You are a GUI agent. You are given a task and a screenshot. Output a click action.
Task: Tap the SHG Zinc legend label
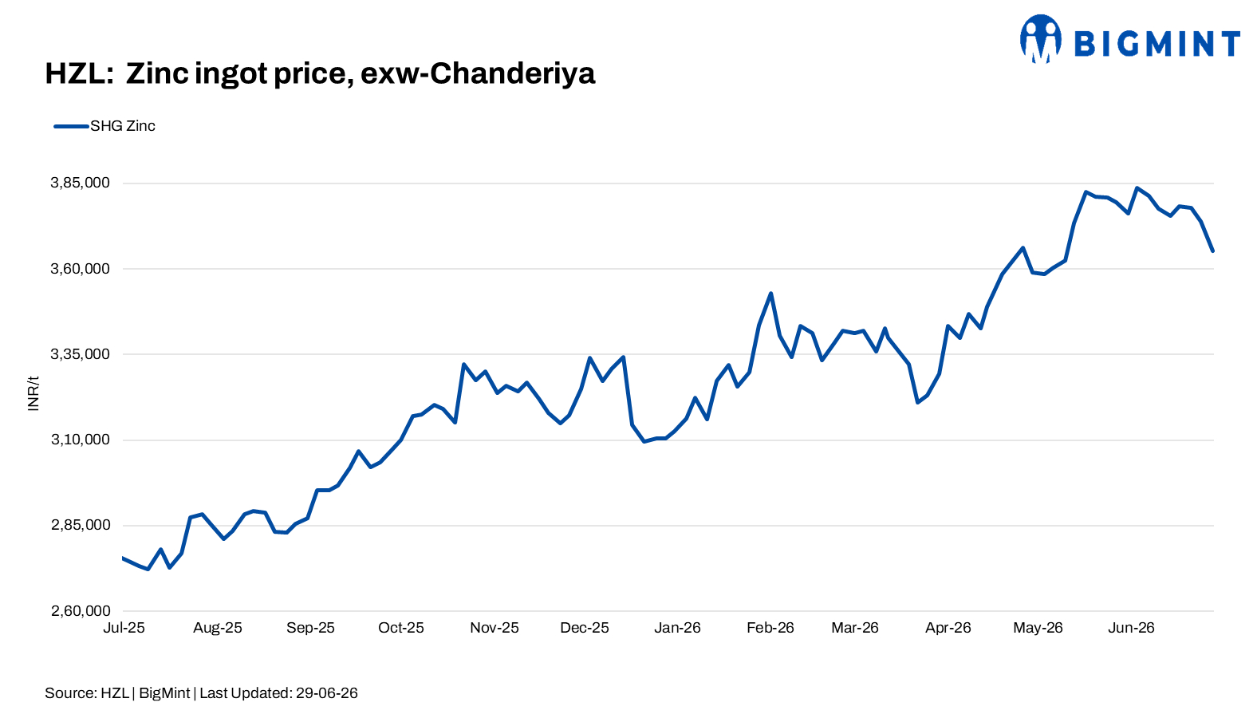[122, 126]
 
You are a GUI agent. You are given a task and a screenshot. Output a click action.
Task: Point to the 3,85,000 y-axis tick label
[81, 183]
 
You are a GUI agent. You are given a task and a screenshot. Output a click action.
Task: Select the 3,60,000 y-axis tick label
[81, 269]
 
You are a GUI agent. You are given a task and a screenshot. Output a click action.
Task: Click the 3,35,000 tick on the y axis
[81, 354]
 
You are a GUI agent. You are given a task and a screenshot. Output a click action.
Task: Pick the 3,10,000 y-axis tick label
[81, 440]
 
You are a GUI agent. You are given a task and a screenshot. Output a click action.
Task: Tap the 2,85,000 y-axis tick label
[81, 526]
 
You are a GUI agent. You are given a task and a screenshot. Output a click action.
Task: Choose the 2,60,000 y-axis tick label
[81, 611]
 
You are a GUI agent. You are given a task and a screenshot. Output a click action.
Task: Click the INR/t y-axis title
[33, 393]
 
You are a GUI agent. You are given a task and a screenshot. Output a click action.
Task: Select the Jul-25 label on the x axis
[124, 628]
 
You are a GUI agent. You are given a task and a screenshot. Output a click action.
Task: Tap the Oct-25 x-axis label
[400, 628]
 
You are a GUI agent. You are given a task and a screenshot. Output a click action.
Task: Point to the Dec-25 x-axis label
[584, 628]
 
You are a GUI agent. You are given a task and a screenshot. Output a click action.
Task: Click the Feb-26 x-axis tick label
[770, 628]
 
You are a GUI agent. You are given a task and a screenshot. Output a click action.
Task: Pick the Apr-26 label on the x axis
[948, 628]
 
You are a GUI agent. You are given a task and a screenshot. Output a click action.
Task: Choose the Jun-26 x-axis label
[1131, 628]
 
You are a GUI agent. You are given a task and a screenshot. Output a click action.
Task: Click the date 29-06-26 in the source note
[326, 693]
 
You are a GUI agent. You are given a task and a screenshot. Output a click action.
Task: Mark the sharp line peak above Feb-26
[771, 293]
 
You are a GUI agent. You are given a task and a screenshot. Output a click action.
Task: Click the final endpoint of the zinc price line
[1212, 251]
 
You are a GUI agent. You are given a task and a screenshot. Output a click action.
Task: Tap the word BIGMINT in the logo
[1157, 44]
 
